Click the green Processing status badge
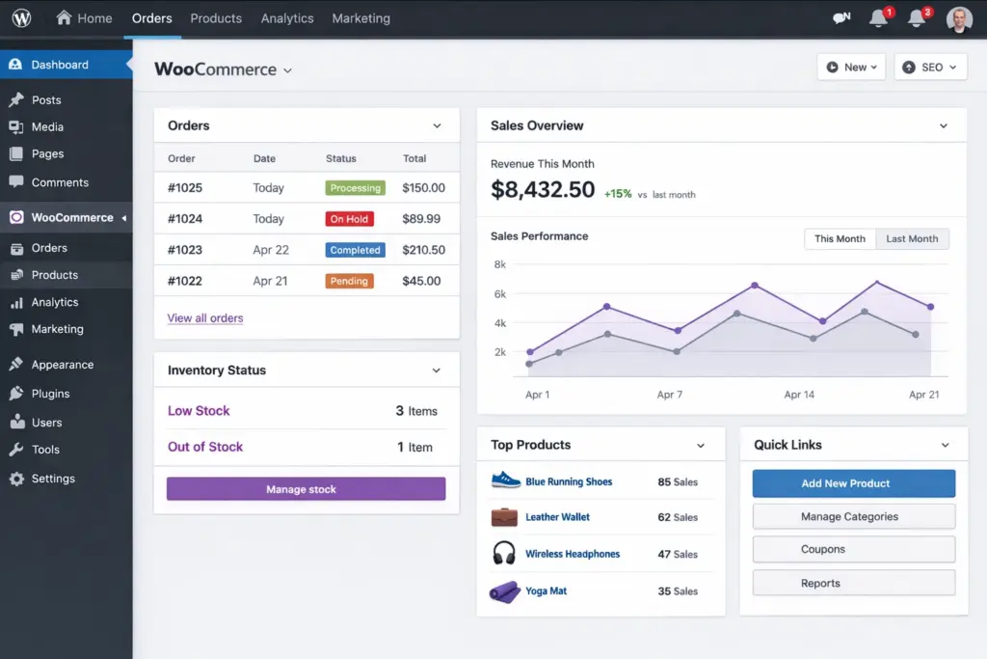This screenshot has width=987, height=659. (355, 188)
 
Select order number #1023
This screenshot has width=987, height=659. (185, 250)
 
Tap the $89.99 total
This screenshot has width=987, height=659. (421, 219)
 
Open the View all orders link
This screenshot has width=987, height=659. (205, 318)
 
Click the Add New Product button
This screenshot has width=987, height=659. (853, 483)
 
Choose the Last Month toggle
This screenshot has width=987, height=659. (912, 239)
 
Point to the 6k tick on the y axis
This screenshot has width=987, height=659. (500, 293)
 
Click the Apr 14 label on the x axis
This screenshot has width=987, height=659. (799, 395)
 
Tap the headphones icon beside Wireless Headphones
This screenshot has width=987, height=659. (504, 554)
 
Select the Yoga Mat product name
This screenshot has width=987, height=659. (546, 590)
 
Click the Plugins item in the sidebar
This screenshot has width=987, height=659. (50, 394)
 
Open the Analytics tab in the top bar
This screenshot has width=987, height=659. (287, 18)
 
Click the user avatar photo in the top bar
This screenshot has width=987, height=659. (959, 18)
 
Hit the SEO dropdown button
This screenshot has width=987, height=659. (930, 68)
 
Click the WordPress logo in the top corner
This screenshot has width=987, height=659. (21, 18)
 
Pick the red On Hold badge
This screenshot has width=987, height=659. (349, 219)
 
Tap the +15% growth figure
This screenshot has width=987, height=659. (618, 194)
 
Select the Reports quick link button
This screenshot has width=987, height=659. (853, 583)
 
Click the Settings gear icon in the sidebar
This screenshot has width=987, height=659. (15, 479)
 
